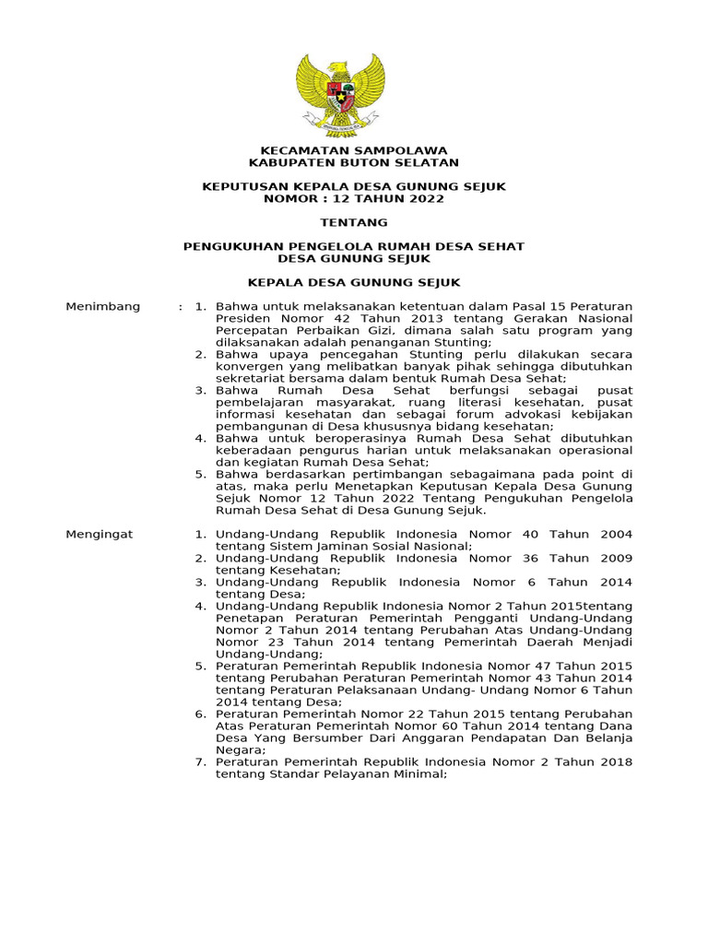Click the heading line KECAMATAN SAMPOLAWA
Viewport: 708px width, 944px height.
tap(354, 150)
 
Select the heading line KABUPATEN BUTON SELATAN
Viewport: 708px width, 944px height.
tap(354, 162)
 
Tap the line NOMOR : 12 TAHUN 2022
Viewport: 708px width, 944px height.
tap(354, 198)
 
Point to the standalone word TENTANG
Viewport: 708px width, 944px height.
tap(354, 222)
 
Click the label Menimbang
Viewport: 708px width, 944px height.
tap(102, 306)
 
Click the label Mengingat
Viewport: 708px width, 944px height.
tap(100, 534)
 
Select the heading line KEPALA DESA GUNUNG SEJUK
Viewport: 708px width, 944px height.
tap(354, 282)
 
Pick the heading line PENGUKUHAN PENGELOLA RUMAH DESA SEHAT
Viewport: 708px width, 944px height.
tap(354, 246)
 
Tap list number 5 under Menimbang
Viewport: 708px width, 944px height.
tap(200, 475)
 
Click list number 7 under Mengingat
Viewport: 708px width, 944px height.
tap(200, 762)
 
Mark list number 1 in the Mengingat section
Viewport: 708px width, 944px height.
tap(200, 534)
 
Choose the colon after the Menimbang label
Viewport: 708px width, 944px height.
tap(180, 306)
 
